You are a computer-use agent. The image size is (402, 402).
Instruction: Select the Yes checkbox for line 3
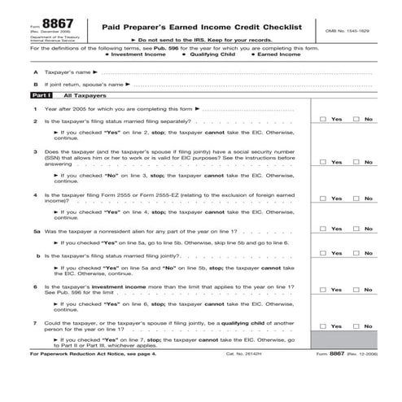tap(324, 162)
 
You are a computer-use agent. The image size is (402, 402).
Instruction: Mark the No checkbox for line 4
tap(357, 199)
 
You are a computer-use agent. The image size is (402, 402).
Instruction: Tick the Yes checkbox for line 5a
tap(324, 229)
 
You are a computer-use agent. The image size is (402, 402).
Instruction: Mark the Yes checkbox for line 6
tap(324, 290)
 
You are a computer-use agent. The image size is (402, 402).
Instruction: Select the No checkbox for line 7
tap(357, 327)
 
